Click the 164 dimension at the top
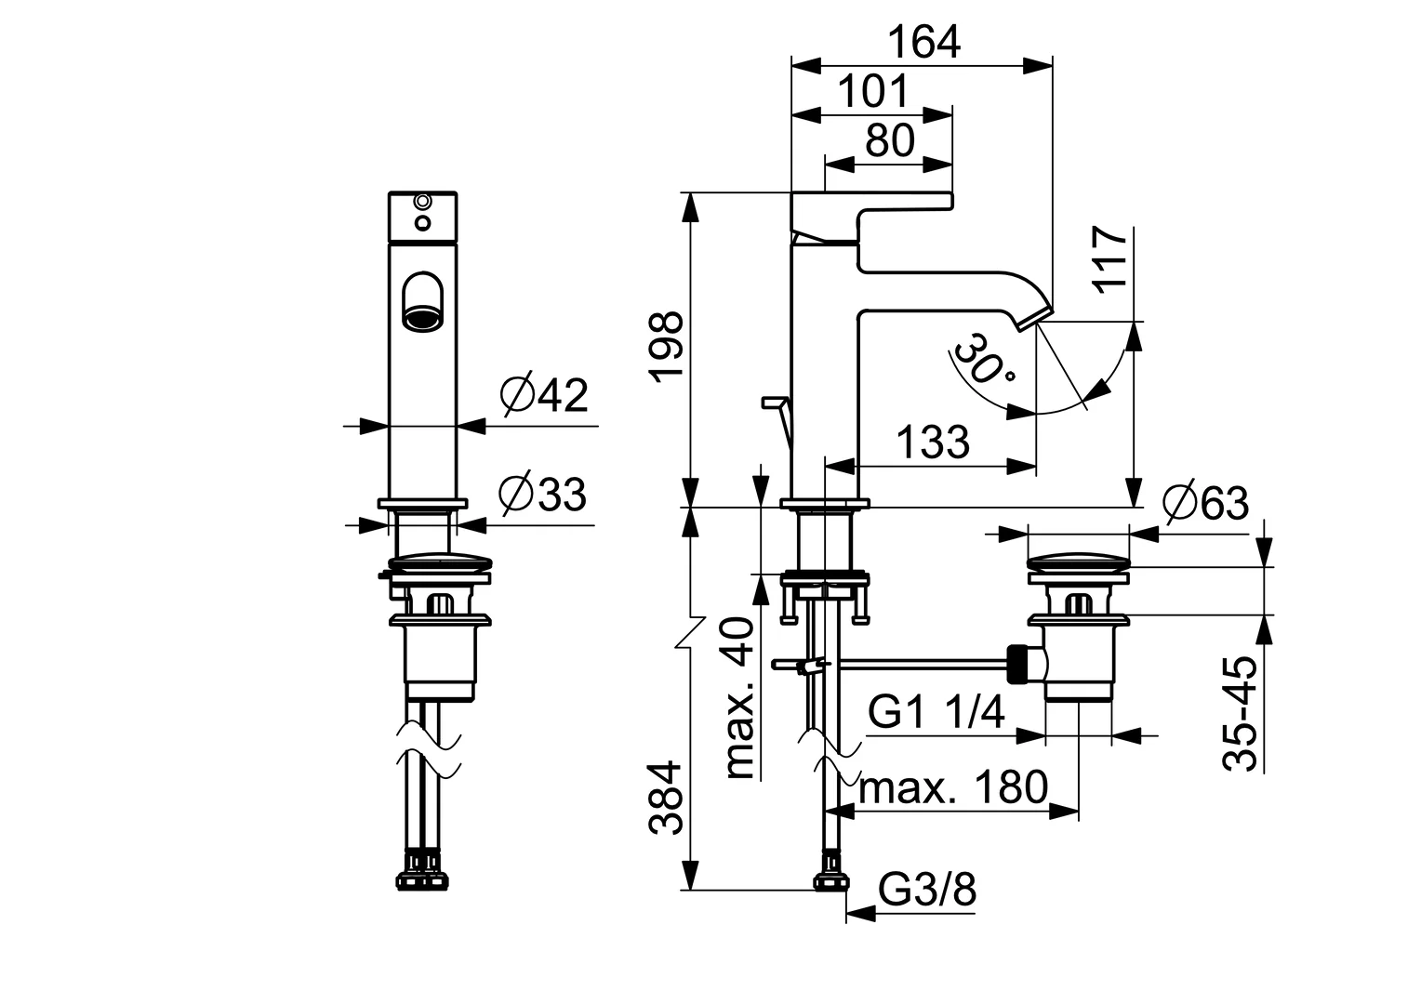(923, 42)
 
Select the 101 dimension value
(873, 92)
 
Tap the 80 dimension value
(890, 141)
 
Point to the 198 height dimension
(668, 347)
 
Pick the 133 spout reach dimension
(932, 443)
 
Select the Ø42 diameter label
(544, 396)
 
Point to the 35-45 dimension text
(1241, 713)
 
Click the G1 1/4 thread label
(936, 714)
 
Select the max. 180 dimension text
(953, 788)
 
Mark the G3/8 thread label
(927, 892)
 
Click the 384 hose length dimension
(667, 798)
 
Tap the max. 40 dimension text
(740, 698)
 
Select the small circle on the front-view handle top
(423, 201)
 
